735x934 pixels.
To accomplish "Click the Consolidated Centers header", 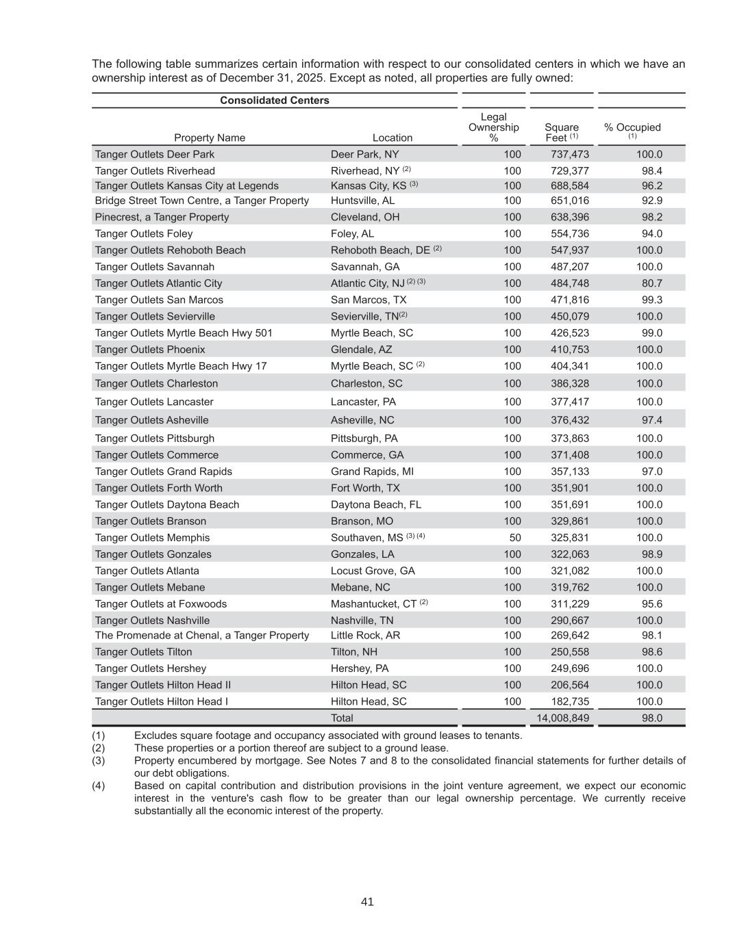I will [274, 101].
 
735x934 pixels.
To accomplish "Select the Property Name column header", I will [209, 138].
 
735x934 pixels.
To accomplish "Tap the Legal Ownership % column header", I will [493, 127].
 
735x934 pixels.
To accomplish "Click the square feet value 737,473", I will [569, 154].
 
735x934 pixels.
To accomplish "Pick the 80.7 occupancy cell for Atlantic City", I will [651, 283].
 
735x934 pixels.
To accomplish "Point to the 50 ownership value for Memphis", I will [514, 538].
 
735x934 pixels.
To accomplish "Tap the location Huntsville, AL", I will [362, 200].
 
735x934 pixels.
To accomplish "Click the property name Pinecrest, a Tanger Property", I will [162, 217].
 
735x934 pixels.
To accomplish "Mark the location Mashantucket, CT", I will [374, 604].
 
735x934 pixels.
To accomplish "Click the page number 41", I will [367, 902].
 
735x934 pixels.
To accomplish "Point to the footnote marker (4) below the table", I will [99, 786].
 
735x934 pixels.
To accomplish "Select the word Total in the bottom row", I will [342, 718].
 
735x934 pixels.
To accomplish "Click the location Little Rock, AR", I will [365, 635].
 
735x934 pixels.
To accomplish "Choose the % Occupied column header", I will [632, 128].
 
